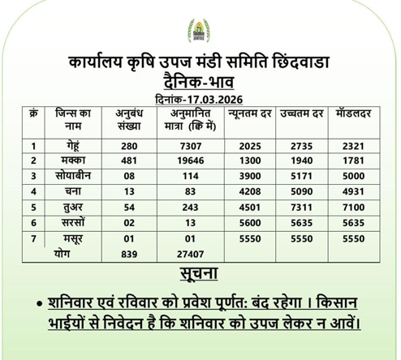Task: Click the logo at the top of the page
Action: [198, 30]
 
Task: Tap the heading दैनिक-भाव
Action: [199, 81]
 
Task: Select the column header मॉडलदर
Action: [353, 113]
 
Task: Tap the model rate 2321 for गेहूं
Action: [353, 146]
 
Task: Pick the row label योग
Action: [66, 253]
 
